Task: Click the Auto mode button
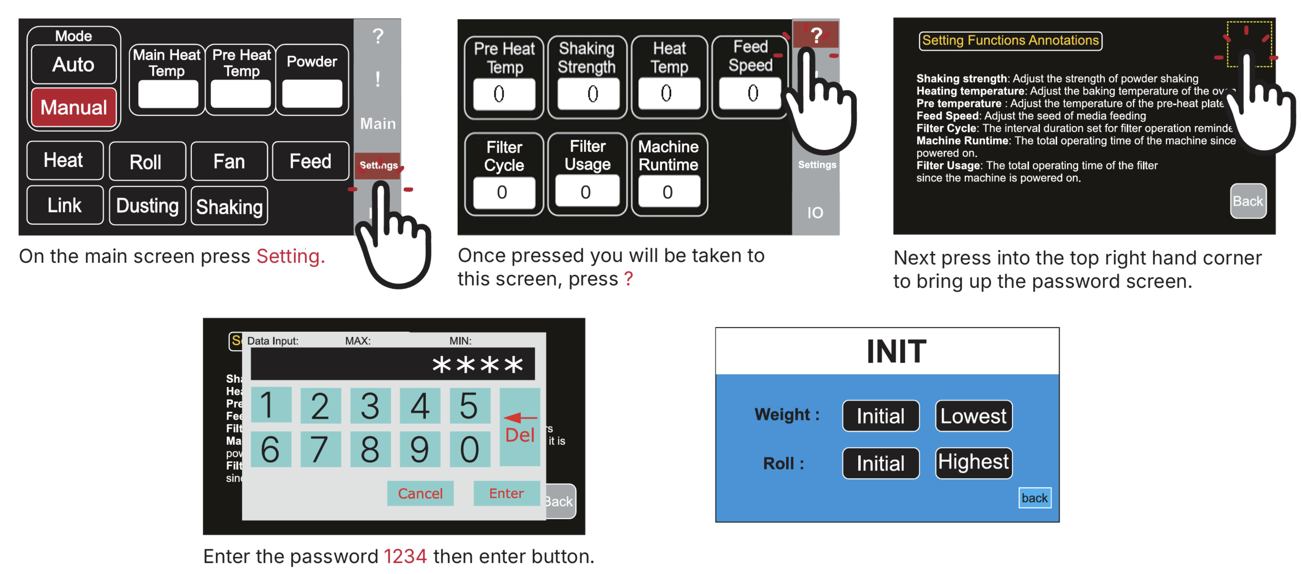coord(74,65)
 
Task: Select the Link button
coord(65,205)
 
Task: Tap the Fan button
coord(229,162)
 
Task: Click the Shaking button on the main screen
coord(229,207)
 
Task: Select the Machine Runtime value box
coord(668,192)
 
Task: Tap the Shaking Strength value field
coord(588,94)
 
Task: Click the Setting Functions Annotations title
coord(1010,40)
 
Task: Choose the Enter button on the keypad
coord(506,493)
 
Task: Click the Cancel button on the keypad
coord(420,493)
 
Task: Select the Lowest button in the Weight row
coord(973,416)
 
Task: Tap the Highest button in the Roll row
coord(973,462)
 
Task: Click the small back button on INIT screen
coord(1034,498)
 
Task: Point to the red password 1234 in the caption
coord(405,556)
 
